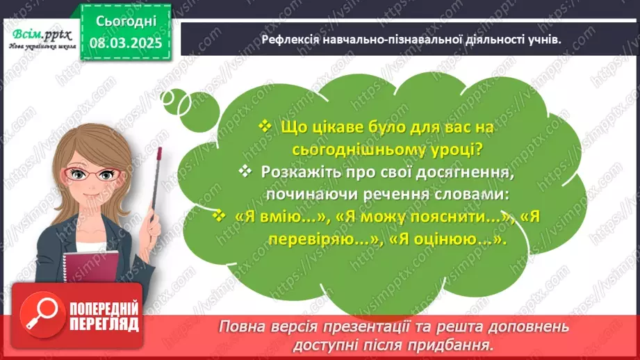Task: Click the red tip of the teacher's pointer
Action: (x=159, y=152)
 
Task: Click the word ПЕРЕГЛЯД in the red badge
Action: (x=104, y=325)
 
